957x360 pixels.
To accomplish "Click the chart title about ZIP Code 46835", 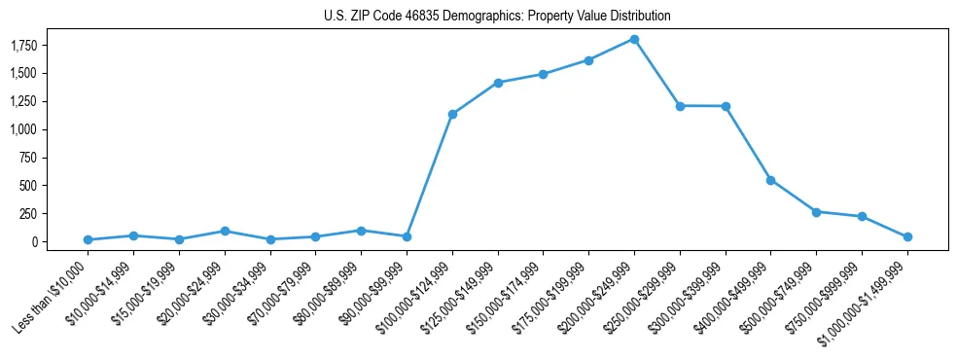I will click(x=497, y=16).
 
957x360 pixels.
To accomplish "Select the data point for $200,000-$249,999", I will click(x=634, y=39).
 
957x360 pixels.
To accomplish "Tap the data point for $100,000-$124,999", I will click(x=452, y=114).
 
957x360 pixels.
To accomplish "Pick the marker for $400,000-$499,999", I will click(x=770, y=180).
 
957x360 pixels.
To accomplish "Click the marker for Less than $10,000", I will click(x=89, y=239).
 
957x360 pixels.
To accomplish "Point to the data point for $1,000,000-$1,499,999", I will click(x=907, y=236).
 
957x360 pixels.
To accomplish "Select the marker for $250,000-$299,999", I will click(x=680, y=105).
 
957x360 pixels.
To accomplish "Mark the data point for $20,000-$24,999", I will click(x=225, y=231).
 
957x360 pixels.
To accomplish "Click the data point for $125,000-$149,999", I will click(x=498, y=83).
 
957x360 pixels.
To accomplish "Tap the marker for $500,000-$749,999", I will click(x=816, y=211).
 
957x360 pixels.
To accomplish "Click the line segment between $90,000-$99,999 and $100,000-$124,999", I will click(x=430, y=175).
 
